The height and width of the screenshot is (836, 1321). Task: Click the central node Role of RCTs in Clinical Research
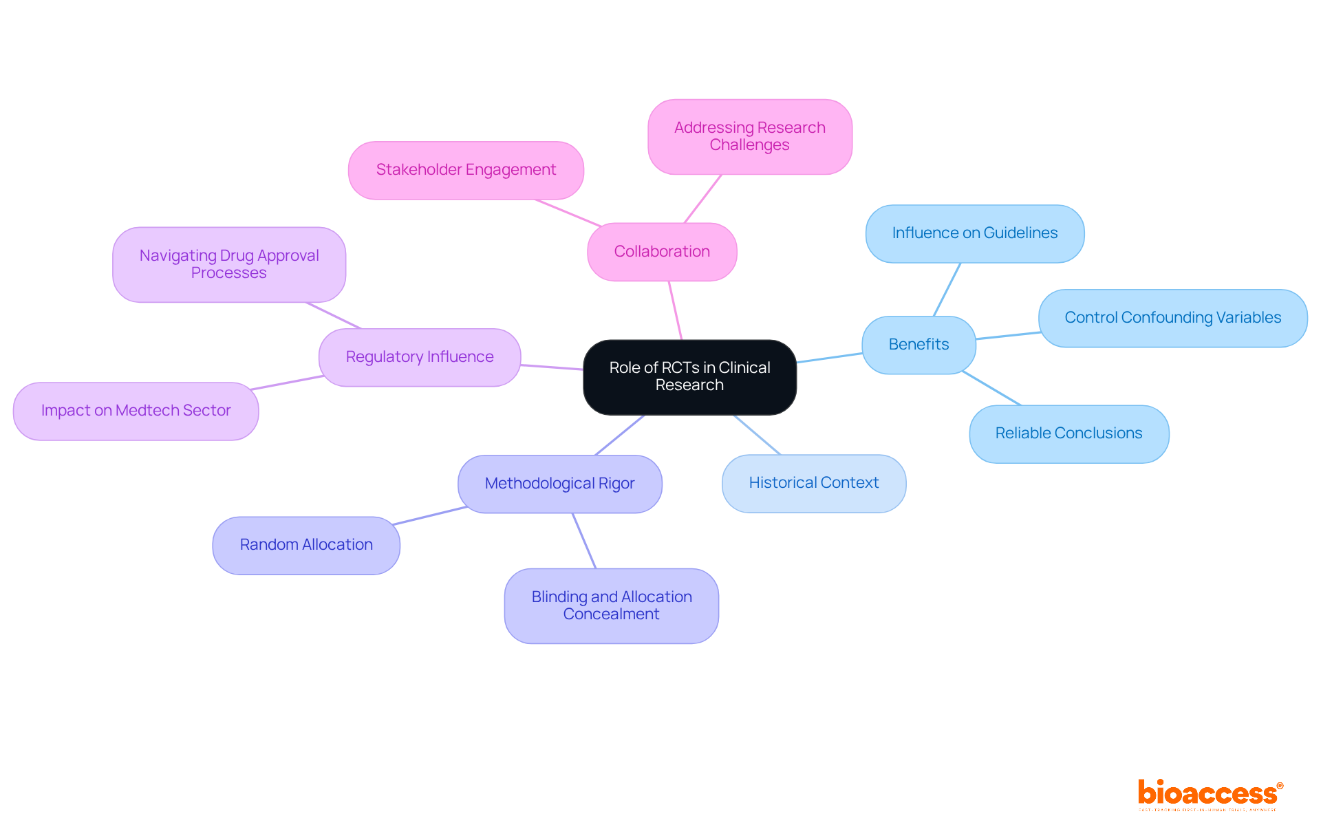click(689, 377)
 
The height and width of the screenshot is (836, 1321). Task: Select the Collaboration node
click(662, 252)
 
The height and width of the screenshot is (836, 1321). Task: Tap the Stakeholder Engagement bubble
click(466, 170)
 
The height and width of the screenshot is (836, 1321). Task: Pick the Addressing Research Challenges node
click(750, 136)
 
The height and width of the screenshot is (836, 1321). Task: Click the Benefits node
click(919, 345)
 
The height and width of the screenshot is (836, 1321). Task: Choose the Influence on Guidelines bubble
click(974, 233)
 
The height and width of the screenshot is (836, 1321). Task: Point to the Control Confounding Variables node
click(1172, 318)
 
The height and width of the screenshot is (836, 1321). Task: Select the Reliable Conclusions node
click(1068, 433)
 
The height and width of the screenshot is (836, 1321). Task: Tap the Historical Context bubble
click(813, 483)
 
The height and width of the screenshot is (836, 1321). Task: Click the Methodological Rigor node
click(559, 484)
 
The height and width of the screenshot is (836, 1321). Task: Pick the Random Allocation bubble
click(306, 545)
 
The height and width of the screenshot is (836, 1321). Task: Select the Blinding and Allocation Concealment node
click(611, 605)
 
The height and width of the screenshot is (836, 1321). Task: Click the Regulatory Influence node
click(420, 357)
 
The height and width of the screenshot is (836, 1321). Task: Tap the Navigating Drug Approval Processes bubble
click(229, 264)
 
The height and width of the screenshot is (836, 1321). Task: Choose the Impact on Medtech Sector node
click(136, 411)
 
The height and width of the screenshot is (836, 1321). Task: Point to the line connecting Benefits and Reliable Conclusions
click(992, 389)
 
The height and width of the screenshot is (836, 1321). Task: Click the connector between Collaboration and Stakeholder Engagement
click(568, 213)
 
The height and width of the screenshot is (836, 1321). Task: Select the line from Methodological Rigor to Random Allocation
click(430, 516)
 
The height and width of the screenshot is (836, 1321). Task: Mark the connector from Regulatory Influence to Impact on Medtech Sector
click(288, 383)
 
